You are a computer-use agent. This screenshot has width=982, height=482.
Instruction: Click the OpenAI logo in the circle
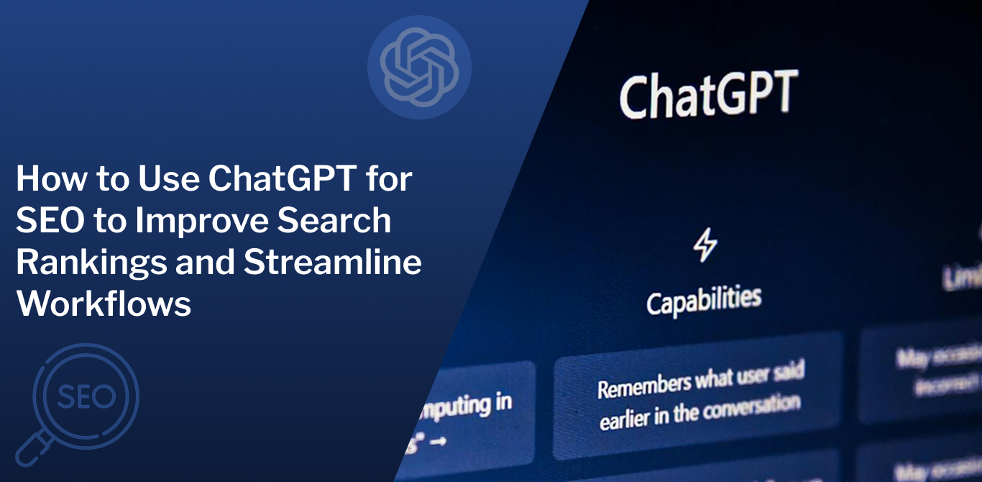pos(419,67)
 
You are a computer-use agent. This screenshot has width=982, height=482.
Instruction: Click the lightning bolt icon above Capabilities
pos(705,246)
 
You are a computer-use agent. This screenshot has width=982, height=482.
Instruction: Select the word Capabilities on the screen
pos(703,300)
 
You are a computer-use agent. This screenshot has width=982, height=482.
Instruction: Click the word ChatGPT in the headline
pos(282,179)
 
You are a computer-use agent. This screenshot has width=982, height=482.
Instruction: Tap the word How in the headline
pos(46,179)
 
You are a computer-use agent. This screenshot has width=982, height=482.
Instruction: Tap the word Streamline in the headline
pos(332,263)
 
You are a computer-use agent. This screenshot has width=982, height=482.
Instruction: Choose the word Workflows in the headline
pos(104,304)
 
